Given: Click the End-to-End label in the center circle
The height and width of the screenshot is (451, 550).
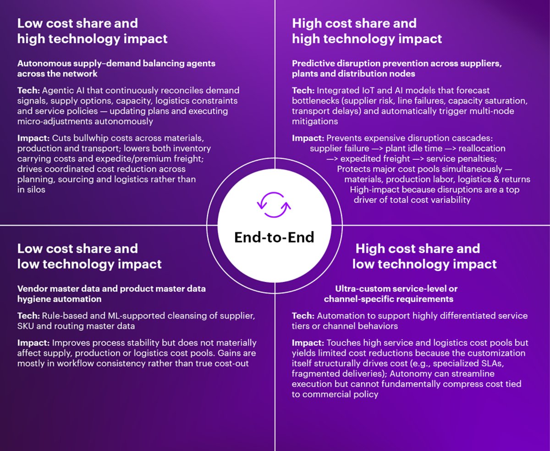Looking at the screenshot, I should coord(274,237).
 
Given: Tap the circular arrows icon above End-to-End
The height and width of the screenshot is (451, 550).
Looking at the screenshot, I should coord(274,204).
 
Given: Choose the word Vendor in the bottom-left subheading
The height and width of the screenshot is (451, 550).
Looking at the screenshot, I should coord(32,289).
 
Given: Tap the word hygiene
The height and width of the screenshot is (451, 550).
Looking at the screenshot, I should coord(33,299).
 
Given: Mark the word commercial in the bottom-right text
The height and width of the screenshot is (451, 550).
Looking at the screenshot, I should coord(324,394).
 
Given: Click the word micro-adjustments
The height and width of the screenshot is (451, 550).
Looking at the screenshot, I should coord(59,121).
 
